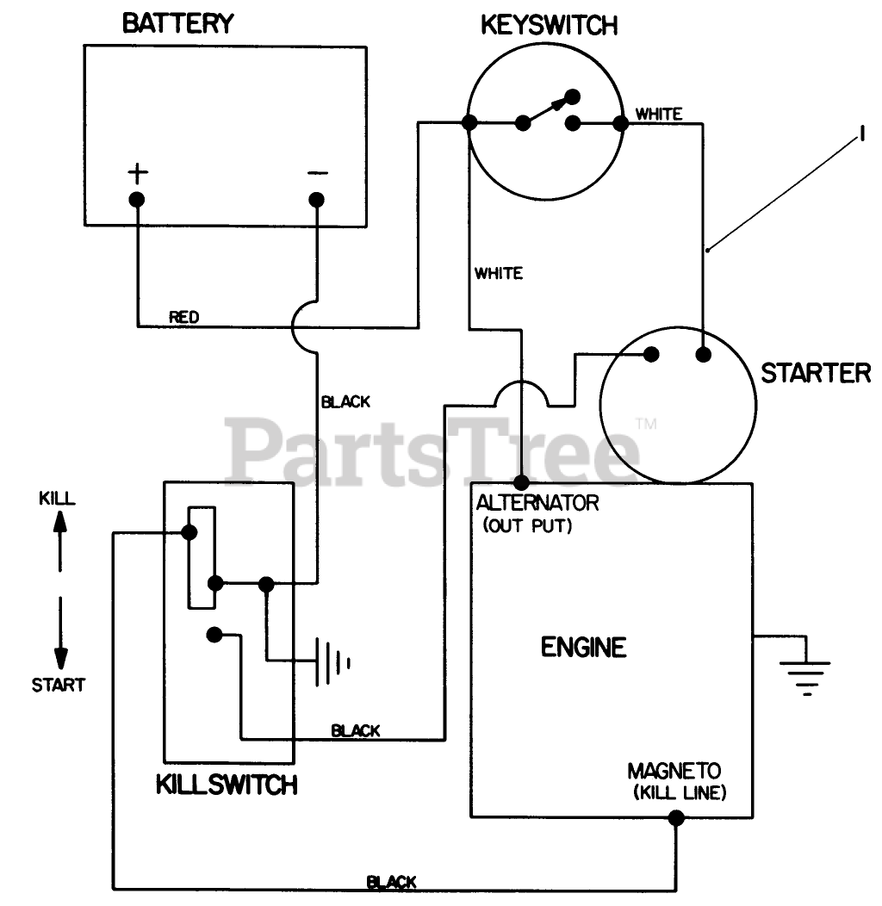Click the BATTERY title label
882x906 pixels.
(177, 23)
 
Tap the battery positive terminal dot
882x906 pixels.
(137, 200)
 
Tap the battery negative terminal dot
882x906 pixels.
(317, 200)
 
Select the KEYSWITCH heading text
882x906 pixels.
(549, 26)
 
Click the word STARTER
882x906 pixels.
(816, 374)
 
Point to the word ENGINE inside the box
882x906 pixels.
(583, 647)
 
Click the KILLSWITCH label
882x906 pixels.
(227, 785)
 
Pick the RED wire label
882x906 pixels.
(183, 317)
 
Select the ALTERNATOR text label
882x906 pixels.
(537, 502)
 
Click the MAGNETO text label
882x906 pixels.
(674, 771)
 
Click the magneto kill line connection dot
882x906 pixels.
(676, 818)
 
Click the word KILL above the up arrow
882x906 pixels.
(57, 498)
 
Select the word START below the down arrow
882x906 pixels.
(59, 686)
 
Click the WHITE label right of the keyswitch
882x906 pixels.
(659, 114)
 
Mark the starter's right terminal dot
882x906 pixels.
(704, 354)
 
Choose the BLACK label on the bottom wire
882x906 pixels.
(392, 882)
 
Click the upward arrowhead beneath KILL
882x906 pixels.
(60, 522)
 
